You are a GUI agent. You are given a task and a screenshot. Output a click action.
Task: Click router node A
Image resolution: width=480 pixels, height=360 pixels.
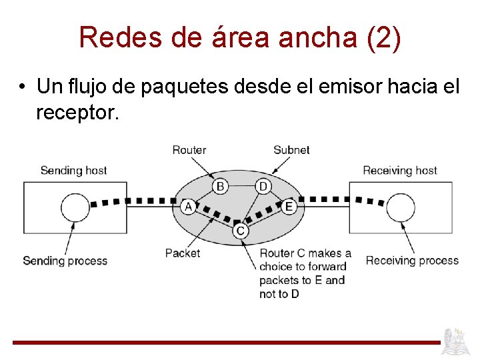tap(189, 207)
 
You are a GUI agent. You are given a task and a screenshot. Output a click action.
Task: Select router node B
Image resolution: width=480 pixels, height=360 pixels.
tap(220, 185)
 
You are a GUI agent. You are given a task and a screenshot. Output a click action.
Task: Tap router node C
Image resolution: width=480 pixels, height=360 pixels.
tap(241, 231)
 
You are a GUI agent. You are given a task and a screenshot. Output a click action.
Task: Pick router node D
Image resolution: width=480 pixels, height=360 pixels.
tap(263, 185)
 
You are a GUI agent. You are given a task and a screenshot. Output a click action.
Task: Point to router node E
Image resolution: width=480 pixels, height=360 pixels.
tap(289, 207)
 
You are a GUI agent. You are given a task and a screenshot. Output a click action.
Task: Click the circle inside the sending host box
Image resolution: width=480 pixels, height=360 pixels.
tap(75, 207)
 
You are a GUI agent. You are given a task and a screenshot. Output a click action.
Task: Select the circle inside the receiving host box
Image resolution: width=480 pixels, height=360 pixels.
tap(401, 207)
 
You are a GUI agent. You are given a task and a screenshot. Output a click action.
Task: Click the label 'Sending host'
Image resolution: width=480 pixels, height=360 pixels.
tap(73, 170)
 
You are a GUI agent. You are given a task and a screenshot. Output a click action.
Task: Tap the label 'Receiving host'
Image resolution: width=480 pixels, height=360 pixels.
tap(400, 170)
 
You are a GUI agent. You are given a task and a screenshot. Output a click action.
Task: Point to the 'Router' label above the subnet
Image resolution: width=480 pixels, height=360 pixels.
tap(189, 150)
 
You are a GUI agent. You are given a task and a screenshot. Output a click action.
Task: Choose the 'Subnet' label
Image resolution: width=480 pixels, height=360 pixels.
tap(291, 150)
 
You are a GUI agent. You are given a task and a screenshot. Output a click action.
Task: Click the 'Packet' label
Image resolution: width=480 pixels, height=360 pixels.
tap(183, 253)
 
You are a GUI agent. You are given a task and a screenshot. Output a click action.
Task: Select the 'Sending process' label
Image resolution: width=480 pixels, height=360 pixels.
tap(65, 260)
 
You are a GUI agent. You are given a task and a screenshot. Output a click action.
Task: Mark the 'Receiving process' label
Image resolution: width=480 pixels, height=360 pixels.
tap(412, 260)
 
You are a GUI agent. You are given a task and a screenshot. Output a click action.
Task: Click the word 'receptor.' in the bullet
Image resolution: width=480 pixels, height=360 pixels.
tap(78, 113)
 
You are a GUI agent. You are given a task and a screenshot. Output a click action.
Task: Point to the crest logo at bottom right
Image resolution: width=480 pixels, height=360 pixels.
tap(458, 341)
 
